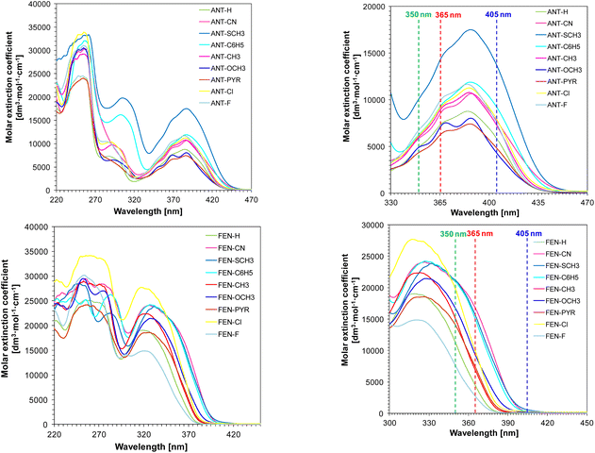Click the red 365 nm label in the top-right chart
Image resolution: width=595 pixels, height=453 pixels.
442,16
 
